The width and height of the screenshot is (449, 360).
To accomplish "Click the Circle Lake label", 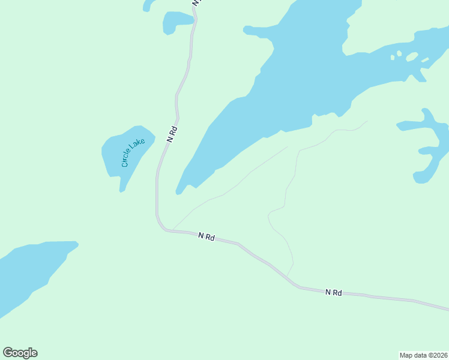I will [x=133, y=152].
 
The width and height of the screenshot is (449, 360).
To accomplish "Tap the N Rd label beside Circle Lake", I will [x=173, y=134].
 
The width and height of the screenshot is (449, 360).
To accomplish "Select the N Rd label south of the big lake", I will [x=206, y=237].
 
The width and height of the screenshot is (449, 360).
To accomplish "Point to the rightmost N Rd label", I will [x=334, y=292].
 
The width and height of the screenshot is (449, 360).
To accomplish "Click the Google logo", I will [x=20, y=352].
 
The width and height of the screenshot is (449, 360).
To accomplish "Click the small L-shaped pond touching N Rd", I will [x=178, y=22].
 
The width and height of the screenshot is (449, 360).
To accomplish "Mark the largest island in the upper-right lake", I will [x=412, y=57].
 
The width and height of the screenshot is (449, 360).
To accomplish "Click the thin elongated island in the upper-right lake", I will [x=425, y=60].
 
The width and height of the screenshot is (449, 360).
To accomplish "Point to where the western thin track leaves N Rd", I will [x=173, y=229].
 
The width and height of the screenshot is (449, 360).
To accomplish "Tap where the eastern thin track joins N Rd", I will [x=286, y=277].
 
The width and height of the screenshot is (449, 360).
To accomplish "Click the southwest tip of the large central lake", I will [x=178, y=193].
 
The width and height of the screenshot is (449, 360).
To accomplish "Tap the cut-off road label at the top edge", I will [x=197, y=2].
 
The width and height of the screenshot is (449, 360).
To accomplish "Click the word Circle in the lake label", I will [x=127, y=158].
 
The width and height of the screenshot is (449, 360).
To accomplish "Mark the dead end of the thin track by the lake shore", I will [x=288, y=146].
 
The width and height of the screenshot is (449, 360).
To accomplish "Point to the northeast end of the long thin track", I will [x=367, y=121].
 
